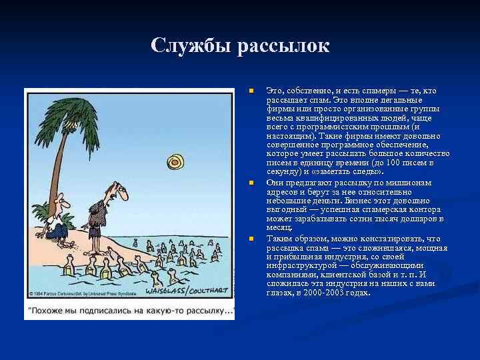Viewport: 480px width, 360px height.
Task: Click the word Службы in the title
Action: [188, 46]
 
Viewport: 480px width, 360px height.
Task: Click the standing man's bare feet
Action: [100, 251]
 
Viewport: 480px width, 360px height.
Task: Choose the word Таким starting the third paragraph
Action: [278, 239]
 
